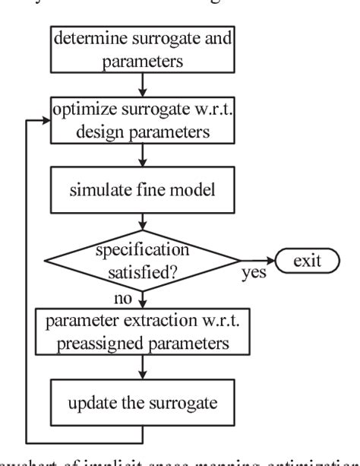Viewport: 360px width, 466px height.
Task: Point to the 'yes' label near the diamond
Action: (254, 273)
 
